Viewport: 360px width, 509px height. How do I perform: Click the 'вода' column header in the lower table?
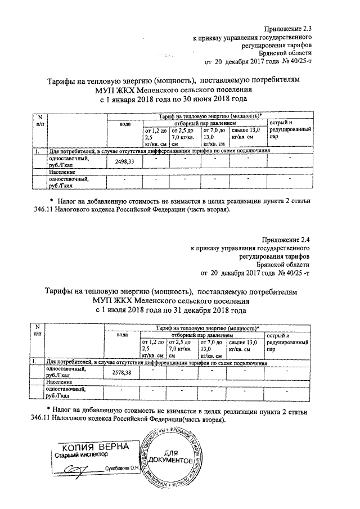[x=122, y=335]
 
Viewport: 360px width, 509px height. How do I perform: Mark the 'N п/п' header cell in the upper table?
[x=39, y=119]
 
